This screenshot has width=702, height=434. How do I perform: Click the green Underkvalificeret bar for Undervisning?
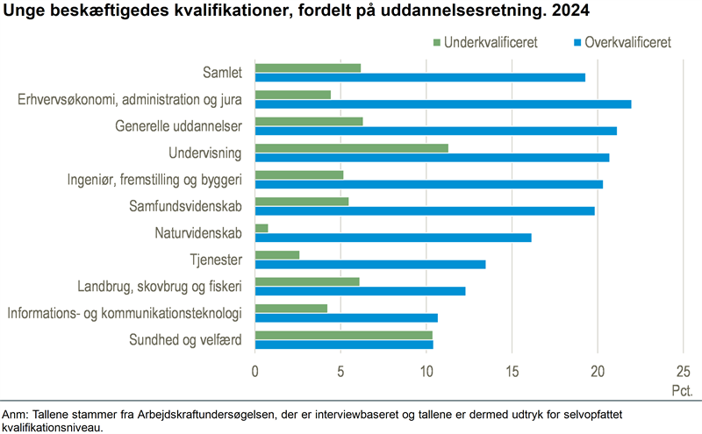pos(351,147)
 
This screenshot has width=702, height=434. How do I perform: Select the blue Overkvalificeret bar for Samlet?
pos(419,77)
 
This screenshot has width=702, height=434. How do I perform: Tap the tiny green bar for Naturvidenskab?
pos(261,228)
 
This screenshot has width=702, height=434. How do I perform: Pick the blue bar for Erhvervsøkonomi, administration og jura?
pos(442,104)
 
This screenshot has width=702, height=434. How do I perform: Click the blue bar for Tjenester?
pos(369,264)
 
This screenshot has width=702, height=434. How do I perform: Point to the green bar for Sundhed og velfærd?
pos(343,335)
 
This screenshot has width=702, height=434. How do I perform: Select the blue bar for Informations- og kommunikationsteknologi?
pos(346,317)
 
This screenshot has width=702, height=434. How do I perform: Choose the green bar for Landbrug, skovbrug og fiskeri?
pos(307,281)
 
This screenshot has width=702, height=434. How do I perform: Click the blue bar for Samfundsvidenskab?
pos(425,210)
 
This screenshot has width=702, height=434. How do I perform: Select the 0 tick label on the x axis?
pos(254,371)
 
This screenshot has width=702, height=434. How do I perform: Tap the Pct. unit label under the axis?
pos(682,388)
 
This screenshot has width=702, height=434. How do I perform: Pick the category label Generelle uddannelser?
pos(184,126)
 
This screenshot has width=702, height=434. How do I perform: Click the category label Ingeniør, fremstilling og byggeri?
pos(161,180)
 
